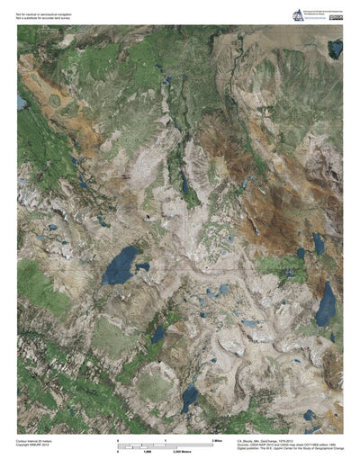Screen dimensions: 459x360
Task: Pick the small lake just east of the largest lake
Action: click(x=142, y=267)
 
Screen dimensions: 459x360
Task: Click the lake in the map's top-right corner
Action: click(x=335, y=48)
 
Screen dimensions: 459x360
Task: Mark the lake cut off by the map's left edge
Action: click(x=21, y=103)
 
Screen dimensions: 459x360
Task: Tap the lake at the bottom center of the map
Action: click(x=189, y=396)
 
